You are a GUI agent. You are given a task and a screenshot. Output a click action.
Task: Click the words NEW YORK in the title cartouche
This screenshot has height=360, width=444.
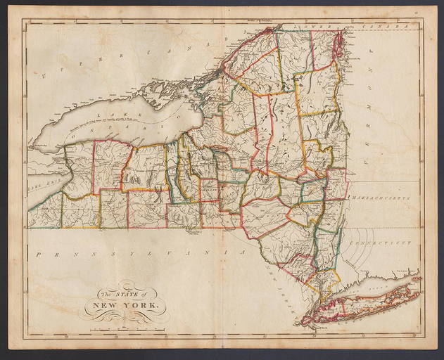(123, 307)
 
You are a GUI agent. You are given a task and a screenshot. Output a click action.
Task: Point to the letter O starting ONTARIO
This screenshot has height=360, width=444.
(75, 139)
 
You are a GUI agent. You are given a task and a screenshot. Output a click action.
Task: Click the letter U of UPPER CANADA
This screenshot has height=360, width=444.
(44, 75)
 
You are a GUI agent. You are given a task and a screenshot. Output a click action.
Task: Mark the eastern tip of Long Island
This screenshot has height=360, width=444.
(420, 278)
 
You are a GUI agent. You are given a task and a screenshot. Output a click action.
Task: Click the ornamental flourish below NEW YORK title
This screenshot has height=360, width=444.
(124, 318)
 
